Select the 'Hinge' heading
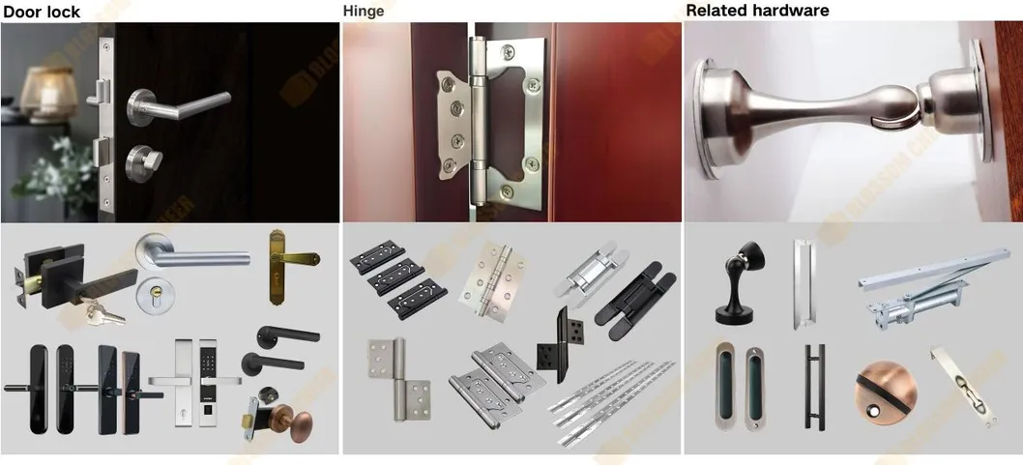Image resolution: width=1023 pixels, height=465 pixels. coord(364,12)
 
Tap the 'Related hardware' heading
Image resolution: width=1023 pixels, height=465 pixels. coord(757,12)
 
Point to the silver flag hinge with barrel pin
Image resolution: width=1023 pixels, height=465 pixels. coord(393,378)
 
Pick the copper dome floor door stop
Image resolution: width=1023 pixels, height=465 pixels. coord(877,395)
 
